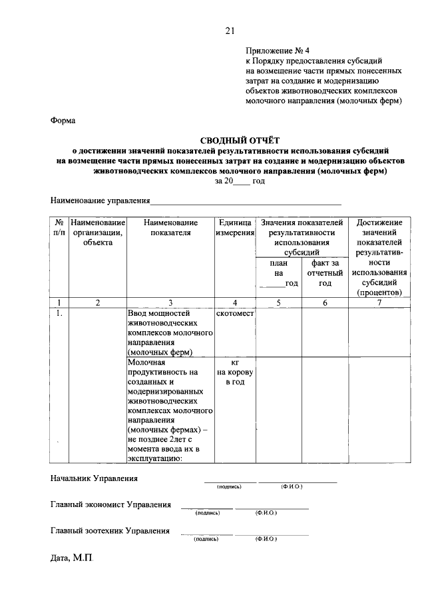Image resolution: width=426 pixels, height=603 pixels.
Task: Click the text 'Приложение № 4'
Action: [x=278, y=50]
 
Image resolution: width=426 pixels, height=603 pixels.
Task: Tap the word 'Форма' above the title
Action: [x=63, y=121]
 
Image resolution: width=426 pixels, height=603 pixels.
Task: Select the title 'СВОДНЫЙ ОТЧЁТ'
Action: [x=240, y=140]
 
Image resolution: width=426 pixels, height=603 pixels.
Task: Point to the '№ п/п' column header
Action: [x=59, y=227]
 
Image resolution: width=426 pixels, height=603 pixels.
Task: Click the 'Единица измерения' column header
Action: [x=235, y=227]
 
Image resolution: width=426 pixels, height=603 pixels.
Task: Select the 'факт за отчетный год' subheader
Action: [x=325, y=273]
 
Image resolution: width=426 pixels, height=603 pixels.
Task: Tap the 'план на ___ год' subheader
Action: [x=279, y=273]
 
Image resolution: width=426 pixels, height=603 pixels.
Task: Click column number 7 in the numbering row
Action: [x=379, y=302]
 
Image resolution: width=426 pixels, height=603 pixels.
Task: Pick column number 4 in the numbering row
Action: [x=235, y=302]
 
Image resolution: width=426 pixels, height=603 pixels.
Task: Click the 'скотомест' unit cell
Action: [x=235, y=314]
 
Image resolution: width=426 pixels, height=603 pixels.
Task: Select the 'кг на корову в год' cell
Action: [x=235, y=372]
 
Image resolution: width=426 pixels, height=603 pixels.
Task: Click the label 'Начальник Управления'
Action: [x=95, y=478]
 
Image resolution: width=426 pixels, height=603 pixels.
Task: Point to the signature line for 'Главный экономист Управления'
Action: [x=206, y=508]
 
